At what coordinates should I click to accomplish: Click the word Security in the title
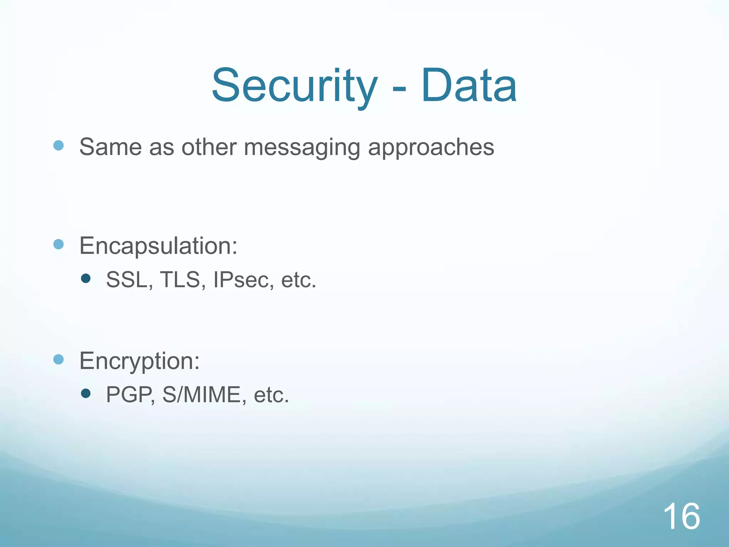(x=294, y=86)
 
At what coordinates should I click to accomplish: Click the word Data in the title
(x=469, y=86)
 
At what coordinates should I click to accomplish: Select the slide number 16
(x=681, y=516)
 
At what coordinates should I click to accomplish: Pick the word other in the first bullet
(x=209, y=147)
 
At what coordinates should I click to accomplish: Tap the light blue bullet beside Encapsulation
(x=58, y=244)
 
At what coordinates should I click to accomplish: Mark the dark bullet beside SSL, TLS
(x=86, y=278)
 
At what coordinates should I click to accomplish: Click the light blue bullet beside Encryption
(x=58, y=359)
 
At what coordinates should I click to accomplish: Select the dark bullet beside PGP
(x=86, y=393)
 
